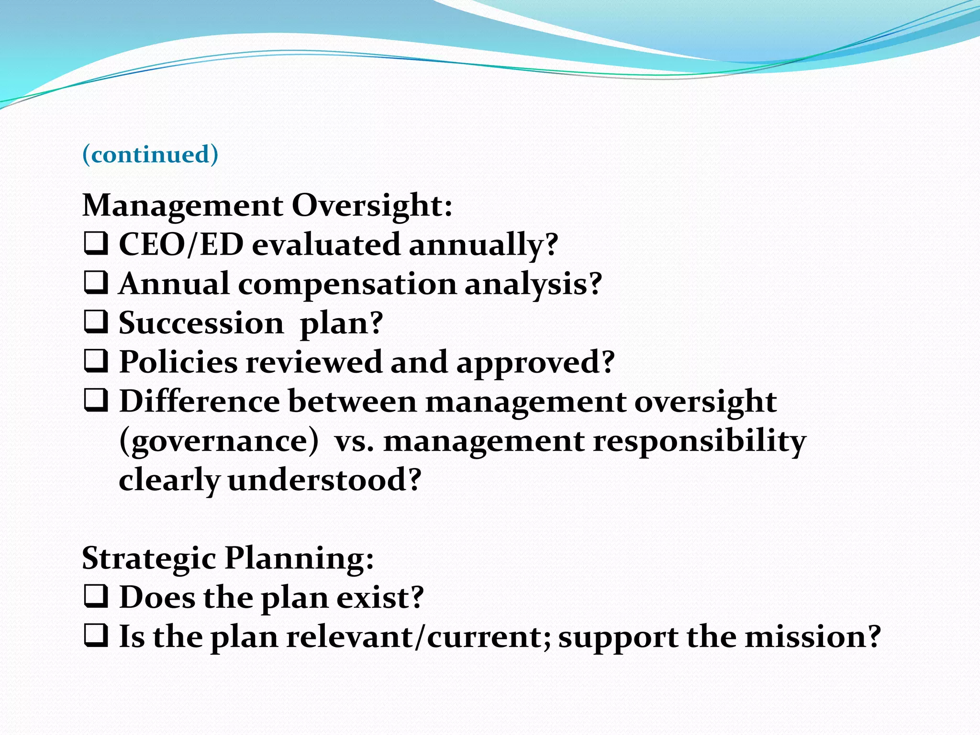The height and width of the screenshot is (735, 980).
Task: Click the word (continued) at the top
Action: click(x=150, y=155)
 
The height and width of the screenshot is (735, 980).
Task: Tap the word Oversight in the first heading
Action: click(x=371, y=206)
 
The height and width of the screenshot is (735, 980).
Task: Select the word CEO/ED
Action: click(x=181, y=245)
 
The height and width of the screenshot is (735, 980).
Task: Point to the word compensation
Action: click(x=347, y=284)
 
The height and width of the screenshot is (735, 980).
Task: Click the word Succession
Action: click(x=201, y=323)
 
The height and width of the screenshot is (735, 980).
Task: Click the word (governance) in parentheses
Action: click(x=219, y=441)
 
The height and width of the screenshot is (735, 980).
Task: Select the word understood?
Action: click(x=324, y=480)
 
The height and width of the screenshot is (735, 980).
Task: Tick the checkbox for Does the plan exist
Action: click(x=96, y=597)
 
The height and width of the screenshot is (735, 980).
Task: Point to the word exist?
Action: click(x=380, y=598)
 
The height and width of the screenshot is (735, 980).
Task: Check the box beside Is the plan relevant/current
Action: click(x=96, y=636)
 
